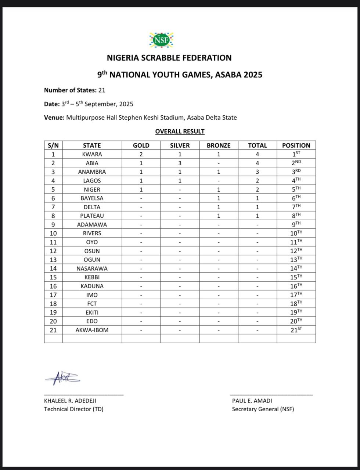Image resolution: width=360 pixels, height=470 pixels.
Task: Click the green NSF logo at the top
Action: [161, 40]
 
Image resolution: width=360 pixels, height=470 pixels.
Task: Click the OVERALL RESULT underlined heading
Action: [180, 131]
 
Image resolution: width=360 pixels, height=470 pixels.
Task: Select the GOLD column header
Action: [141, 145]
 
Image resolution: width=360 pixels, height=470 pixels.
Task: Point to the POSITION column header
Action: [296, 145]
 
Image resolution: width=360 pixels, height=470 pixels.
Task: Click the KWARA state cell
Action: [92, 154]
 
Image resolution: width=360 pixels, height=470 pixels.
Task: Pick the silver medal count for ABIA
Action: [180, 163]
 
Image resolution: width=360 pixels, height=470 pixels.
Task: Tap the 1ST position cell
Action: [296, 154]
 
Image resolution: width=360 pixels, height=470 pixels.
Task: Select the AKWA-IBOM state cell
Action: [92, 330]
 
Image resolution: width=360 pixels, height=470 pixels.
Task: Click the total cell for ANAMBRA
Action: [257, 172]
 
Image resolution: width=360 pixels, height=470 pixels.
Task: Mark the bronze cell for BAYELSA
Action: [219, 198]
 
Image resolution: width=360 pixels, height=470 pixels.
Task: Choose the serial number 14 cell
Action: [53, 268]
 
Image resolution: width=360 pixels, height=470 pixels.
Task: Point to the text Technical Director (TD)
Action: [74, 409]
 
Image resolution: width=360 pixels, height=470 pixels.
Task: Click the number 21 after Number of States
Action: [102, 90]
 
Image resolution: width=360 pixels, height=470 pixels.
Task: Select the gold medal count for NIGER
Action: [141, 189]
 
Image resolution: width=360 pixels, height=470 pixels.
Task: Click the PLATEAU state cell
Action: [92, 216]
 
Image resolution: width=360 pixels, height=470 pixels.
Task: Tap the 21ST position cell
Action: [296, 330]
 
